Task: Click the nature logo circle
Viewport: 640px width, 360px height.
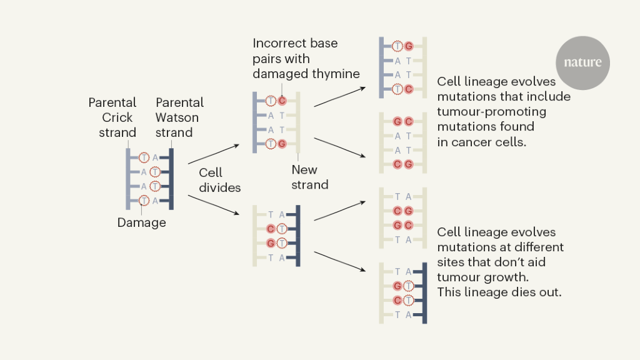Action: pos(582,63)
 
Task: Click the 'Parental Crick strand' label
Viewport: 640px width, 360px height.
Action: pos(112,117)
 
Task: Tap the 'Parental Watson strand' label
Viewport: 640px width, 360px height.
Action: pos(179,117)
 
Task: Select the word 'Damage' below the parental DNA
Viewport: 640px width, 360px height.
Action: pos(142,222)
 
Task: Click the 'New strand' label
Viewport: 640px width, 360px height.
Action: pos(309,177)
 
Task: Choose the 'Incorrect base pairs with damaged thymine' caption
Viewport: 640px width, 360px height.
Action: pos(306,58)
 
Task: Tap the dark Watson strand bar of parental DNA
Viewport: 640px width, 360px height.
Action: pos(171,179)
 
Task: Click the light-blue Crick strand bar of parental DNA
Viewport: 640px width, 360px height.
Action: pos(127,179)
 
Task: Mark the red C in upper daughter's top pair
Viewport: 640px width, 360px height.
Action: pos(282,101)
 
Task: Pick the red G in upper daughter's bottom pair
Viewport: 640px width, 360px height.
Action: pos(282,144)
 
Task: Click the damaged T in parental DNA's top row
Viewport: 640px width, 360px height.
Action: pos(144,157)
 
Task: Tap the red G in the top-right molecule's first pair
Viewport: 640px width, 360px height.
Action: pos(409,46)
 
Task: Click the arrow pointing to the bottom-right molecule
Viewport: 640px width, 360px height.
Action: pos(339,261)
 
